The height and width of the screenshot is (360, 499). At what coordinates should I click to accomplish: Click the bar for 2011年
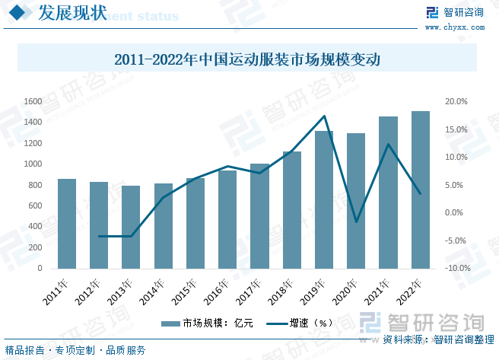click(x=67, y=224)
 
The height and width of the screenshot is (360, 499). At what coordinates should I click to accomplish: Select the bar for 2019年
click(x=324, y=199)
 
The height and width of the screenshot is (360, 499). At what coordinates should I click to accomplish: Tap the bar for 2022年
click(x=421, y=190)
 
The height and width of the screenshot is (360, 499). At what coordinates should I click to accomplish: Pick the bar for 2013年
click(x=131, y=227)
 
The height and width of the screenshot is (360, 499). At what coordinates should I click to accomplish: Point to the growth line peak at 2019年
click(x=325, y=116)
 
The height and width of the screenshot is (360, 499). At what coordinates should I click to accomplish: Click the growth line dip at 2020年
click(x=357, y=222)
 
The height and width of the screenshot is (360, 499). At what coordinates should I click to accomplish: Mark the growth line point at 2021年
click(x=389, y=145)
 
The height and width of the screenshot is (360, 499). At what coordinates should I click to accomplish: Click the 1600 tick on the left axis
click(x=33, y=101)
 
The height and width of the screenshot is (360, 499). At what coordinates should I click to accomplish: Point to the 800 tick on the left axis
click(x=35, y=185)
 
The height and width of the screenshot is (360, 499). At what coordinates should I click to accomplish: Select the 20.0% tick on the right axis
click(x=456, y=101)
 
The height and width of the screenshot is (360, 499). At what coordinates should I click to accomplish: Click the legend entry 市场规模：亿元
click(x=202, y=323)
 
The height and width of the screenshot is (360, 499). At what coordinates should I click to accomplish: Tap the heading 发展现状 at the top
click(x=63, y=13)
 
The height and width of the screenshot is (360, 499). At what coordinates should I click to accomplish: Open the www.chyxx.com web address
click(x=462, y=27)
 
